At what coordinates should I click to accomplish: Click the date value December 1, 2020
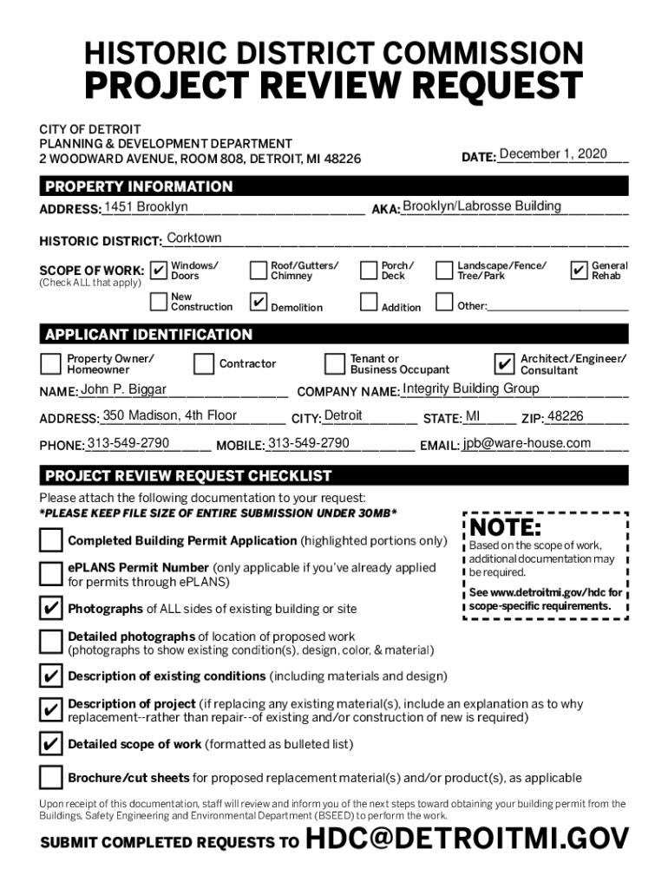coord(553,154)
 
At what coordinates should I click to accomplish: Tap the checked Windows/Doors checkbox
coord(159,271)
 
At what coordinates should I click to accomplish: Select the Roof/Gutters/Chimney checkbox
coord(259,271)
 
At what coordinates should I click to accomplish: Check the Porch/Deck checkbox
coord(369,271)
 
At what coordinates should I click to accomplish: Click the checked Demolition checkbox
coord(259,303)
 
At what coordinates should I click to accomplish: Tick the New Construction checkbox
coord(159,302)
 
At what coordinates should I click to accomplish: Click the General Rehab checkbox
coord(580,271)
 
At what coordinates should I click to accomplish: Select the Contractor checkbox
coord(204,363)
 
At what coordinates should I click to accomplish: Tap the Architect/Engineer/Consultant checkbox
coord(503,363)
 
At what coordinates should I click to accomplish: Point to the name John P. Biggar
coord(123,389)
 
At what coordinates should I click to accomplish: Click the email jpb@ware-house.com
coord(527,444)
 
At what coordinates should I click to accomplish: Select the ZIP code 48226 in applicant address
coord(566,416)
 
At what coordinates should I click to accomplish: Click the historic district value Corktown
coord(193,238)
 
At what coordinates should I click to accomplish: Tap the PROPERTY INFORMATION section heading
coord(139,186)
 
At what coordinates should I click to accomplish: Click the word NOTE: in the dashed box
coord(506,529)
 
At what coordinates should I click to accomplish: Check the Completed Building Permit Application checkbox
coord(50,540)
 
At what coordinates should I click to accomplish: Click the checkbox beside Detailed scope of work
coord(50,744)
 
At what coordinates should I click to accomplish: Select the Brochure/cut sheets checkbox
coord(50,777)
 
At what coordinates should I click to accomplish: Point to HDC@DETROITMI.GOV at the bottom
coord(468,839)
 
